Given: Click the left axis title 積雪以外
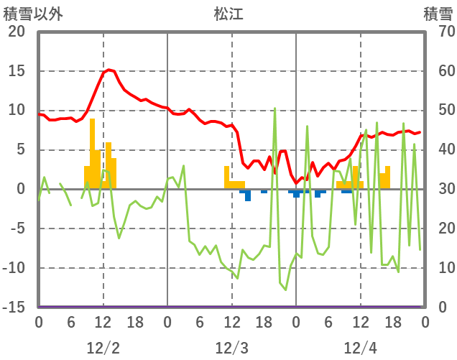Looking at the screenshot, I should point(32,14).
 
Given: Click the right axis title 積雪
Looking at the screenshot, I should point(438,14).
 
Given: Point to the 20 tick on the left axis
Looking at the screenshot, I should point(16,32).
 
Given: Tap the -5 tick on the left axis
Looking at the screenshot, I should point(17,229).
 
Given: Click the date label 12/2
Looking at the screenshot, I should point(103,348).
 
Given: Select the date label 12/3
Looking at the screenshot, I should point(231,348).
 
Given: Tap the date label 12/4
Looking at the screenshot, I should point(360,348).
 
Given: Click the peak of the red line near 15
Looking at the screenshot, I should point(109,70).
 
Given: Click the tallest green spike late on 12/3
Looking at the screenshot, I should point(274,109).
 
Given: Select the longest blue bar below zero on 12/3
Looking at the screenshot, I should point(248,195).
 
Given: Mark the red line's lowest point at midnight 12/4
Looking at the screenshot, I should point(296,183).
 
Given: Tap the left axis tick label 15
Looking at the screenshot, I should point(16,71).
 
